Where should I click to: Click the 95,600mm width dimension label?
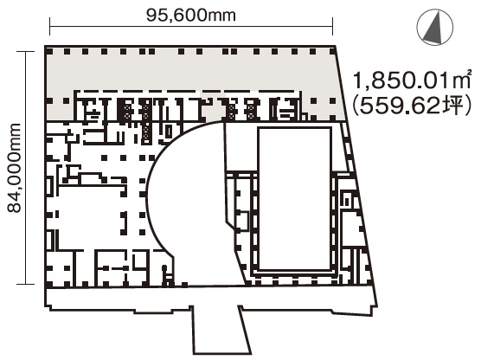pos(191,15)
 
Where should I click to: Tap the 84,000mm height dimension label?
pos(15,168)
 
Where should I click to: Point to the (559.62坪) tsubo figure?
pos(412,106)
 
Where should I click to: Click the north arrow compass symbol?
pos(434,28)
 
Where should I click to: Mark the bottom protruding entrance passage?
pos(221,330)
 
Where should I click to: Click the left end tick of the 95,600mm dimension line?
pos(49,26)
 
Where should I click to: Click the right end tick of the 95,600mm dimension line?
pos(332,26)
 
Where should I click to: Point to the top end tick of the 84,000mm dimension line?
pos(25,51)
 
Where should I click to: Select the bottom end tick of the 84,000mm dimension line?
pos(25,284)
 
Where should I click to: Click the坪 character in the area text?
pos(454,106)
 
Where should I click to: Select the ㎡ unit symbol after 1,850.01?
pos(465,79)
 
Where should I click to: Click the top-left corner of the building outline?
pos(45,47)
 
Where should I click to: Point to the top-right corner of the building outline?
pos(336,47)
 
